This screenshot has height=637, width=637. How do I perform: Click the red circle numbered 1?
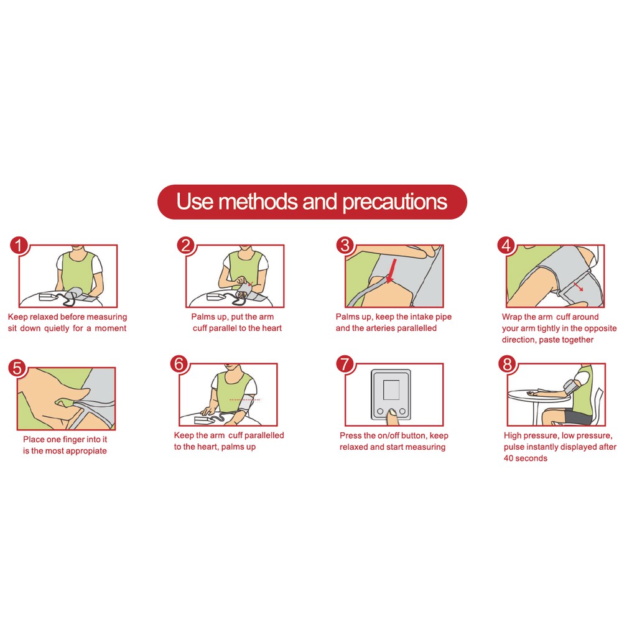tap(18, 245)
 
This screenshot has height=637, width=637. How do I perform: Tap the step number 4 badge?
tap(506, 245)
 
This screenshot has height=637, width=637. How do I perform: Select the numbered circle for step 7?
tap(345, 364)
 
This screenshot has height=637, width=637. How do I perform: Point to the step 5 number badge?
tap(17, 368)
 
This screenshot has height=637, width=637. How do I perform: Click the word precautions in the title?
tap(394, 202)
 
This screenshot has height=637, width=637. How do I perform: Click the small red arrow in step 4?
tap(579, 286)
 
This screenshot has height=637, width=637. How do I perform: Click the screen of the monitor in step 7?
tap(391, 389)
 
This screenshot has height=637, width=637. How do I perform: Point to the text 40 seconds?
tap(525, 458)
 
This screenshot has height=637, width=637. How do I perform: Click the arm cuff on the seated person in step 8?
tap(571, 384)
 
